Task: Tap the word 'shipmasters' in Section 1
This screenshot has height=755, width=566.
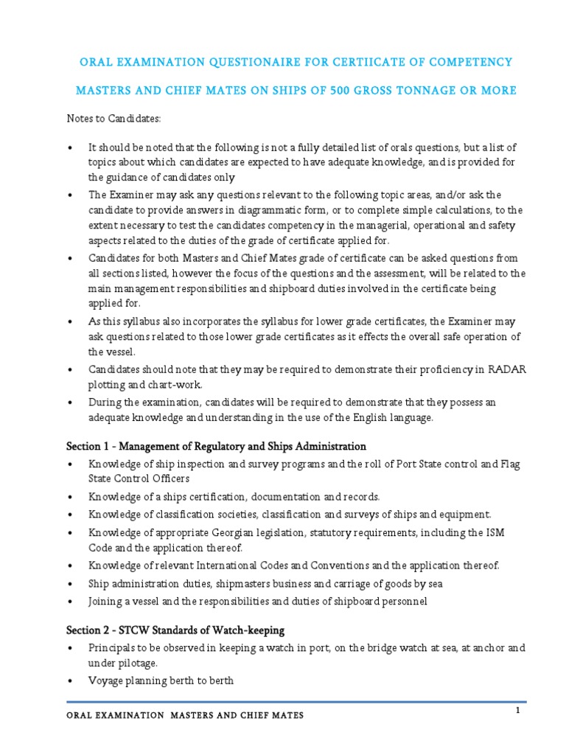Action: pos(249,583)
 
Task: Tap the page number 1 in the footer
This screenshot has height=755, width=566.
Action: pos(519,709)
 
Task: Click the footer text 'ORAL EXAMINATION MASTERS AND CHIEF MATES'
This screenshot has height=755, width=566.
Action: pos(184,716)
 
